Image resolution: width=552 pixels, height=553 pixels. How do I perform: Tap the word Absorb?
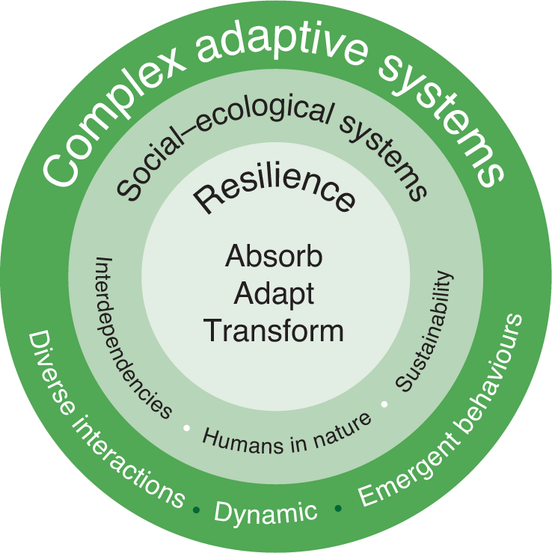[275, 257]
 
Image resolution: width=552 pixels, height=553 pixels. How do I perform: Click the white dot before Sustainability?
[384, 405]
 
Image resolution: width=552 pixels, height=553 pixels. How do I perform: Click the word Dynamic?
[266, 513]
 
